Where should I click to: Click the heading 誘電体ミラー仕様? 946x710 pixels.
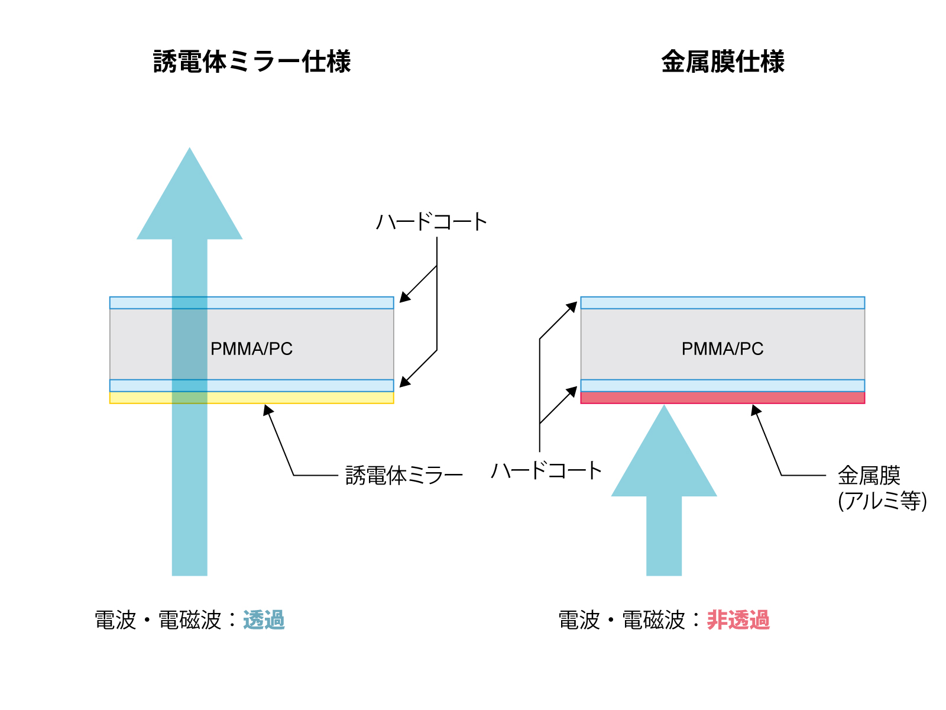coord(252,62)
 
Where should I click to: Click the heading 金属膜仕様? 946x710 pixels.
coord(723,62)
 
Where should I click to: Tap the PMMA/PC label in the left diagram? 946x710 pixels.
coord(251,348)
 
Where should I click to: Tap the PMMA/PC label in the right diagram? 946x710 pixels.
coord(723,348)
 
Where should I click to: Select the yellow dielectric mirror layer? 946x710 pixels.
coord(252,398)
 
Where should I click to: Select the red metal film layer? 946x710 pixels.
coord(723,398)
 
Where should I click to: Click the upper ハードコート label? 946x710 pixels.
coord(432,222)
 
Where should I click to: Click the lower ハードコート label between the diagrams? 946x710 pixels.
coord(546,470)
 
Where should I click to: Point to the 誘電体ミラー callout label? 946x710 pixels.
coord(404,476)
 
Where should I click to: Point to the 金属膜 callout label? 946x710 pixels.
coord(869,476)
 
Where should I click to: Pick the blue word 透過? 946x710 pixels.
coord(264,620)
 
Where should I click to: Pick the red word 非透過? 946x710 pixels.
coord(738,620)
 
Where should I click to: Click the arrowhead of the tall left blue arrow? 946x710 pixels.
coord(190,202)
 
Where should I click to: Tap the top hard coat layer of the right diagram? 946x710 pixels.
coord(723,302)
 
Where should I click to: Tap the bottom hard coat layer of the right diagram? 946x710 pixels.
coord(723,385)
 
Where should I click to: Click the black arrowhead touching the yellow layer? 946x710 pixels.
coord(268,410)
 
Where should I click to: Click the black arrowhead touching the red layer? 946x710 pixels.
coord(756,410)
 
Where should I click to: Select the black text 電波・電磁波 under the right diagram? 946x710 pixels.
coord(621,620)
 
